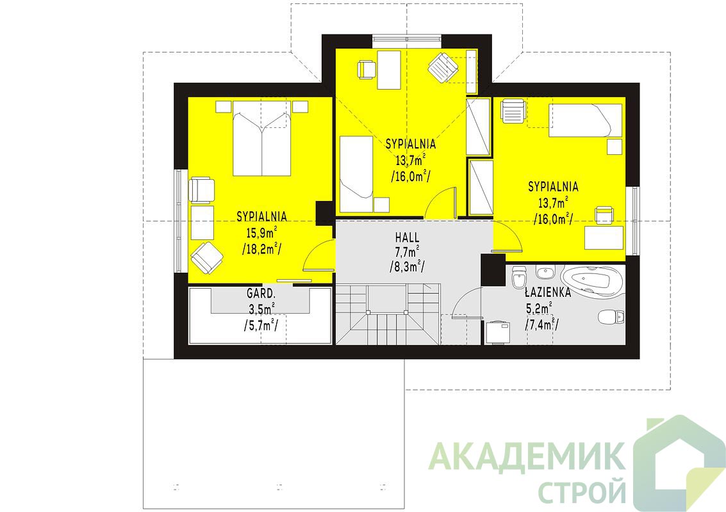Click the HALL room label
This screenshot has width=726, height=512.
(x=408, y=237)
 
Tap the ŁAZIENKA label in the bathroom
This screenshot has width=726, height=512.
(x=548, y=292)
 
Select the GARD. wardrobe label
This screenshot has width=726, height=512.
(x=261, y=292)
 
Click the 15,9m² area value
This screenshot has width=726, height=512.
(x=261, y=232)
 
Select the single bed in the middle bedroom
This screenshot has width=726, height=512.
(x=356, y=174)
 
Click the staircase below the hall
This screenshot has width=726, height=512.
(x=388, y=314)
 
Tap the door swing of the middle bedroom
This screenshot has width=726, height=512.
(x=440, y=203)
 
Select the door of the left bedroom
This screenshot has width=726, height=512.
(x=318, y=255)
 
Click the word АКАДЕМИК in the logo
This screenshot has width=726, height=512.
(x=525, y=456)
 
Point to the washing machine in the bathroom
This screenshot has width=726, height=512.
(x=498, y=332)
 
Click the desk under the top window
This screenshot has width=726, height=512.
(x=389, y=70)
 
